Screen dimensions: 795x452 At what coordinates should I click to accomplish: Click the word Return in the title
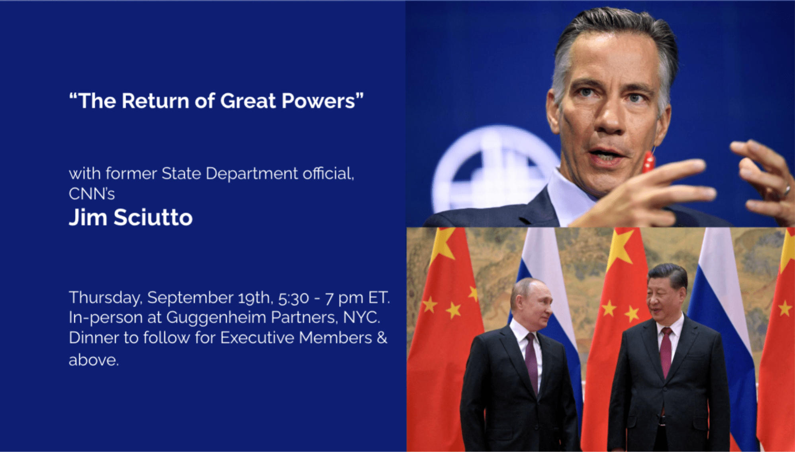coord(155,101)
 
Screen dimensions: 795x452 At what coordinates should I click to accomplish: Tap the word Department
coord(252,174)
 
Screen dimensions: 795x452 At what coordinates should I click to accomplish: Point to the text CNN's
coord(92,194)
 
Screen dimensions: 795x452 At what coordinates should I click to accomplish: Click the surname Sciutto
coord(153,218)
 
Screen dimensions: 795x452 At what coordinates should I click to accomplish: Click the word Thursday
coord(106,298)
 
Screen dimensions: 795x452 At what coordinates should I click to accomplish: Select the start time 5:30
coord(294,298)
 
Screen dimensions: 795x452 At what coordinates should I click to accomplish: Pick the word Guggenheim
coord(216,318)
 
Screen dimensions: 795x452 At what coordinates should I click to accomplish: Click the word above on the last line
coord(94,360)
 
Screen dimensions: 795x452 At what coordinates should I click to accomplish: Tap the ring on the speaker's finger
coord(787,191)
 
